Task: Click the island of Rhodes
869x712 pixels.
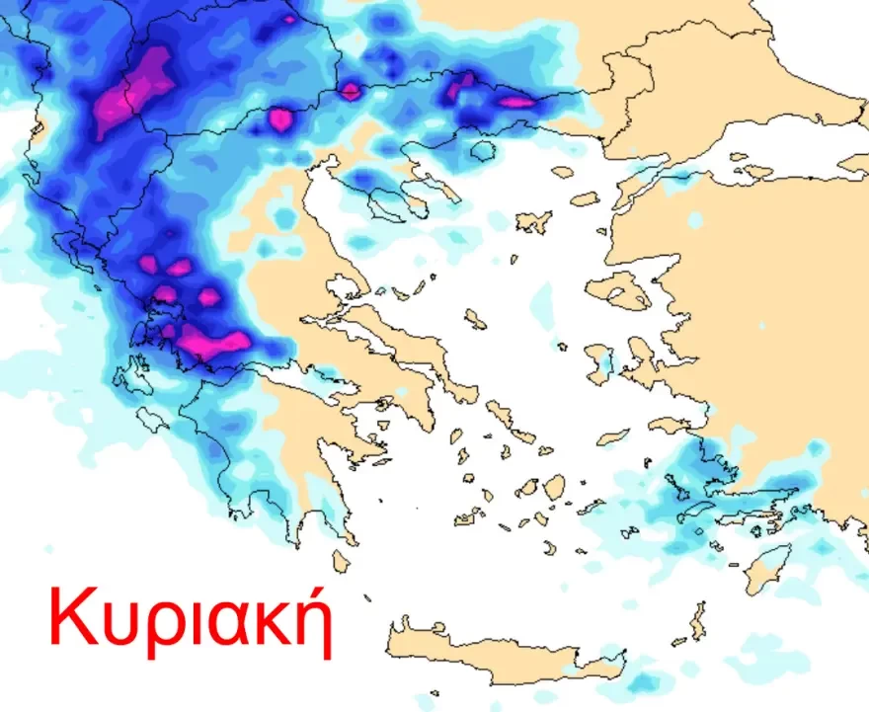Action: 768,570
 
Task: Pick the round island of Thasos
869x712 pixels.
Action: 482,151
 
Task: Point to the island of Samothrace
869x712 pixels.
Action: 585,198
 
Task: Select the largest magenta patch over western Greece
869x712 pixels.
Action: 215,342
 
